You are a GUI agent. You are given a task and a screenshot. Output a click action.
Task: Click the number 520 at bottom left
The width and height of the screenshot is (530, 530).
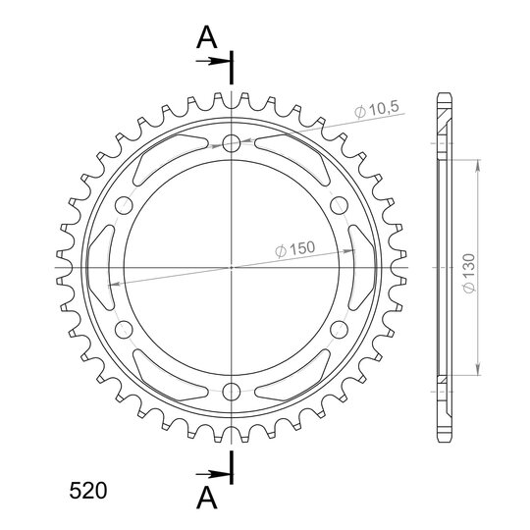[88, 491]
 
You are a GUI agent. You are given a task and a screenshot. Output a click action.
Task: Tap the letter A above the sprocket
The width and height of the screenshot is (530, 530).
[206, 37]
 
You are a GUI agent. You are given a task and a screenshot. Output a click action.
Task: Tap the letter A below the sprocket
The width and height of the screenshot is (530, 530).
[206, 498]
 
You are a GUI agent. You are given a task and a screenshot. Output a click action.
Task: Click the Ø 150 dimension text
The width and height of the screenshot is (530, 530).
[294, 249]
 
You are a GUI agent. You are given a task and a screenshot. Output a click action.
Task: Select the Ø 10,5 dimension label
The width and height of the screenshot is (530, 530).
[377, 109]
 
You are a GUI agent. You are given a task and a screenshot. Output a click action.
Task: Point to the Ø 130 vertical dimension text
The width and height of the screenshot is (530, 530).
[469, 273]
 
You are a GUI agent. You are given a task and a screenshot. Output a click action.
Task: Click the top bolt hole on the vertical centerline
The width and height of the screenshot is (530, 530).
[232, 142]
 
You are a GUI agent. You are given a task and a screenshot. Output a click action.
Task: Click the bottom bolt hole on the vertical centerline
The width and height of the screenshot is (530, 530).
[232, 392]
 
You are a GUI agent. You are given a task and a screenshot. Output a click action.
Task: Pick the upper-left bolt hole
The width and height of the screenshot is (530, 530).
[124, 205]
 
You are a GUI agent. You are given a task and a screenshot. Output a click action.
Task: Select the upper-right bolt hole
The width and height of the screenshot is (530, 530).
[339, 205]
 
